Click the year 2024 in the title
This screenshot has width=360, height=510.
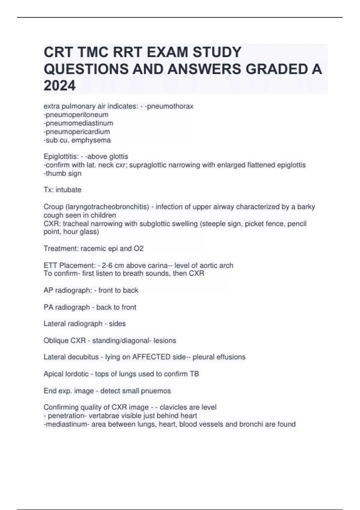tap(59, 86)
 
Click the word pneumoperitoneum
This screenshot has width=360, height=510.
tap(77, 115)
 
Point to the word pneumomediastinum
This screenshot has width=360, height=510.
tap(79, 123)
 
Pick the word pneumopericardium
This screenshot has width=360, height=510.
tap(78, 131)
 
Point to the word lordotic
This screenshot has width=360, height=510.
tap(79, 374)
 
